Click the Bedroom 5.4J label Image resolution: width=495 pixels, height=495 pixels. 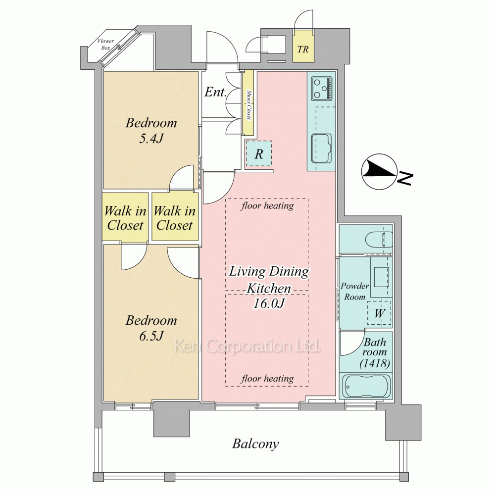(151, 130)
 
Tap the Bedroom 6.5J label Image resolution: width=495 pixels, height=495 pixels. (151, 328)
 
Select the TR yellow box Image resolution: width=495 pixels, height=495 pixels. (303, 46)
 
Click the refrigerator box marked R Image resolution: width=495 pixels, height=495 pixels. (259, 154)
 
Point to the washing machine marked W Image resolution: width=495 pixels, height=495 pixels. (379, 313)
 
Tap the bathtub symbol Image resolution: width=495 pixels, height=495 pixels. (367, 387)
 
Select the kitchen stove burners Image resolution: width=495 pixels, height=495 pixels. (322, 89)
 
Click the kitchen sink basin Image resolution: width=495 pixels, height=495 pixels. (321, 148)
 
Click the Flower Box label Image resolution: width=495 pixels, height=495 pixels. (105, 45)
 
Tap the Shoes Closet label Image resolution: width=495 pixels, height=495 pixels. (249, 105)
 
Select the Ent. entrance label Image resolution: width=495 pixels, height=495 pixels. (216, 92)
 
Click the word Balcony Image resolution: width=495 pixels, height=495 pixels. (255, 444)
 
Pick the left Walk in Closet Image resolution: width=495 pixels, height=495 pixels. (125, 218)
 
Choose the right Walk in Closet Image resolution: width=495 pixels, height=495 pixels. (175, 218)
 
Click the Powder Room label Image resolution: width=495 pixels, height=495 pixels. (354, 292)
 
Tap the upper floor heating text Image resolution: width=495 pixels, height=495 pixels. (267, 206)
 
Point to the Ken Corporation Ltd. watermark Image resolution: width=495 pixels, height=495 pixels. (247, 346)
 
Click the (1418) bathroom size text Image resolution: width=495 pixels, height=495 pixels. (375, 363)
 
